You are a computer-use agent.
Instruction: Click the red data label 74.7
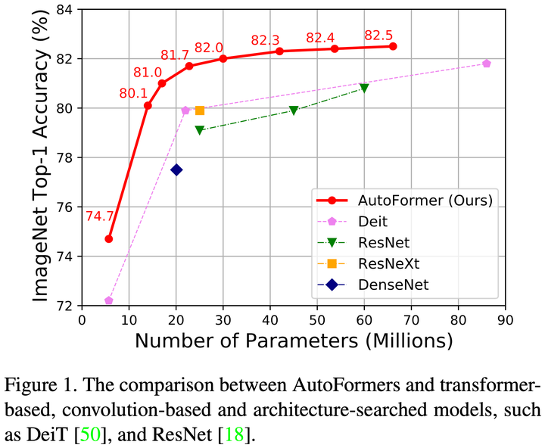coord(98,216)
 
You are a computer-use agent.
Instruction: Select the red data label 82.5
coord(378,35)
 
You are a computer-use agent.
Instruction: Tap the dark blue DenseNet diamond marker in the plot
coord(176,170)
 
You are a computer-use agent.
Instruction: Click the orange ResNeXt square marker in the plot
coord(200,110)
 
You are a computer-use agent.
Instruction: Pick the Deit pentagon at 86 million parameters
coord(487,64)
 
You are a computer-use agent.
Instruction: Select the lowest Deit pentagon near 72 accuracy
coord(109,300)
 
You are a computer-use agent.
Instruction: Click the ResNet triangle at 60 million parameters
coord(364,89)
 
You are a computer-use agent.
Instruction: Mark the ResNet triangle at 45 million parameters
coord(294,110)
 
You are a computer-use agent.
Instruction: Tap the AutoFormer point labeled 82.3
coord(279,51)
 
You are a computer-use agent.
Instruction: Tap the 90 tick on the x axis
coord(505,319)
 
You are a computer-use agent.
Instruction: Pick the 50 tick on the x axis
coord(317,319)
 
